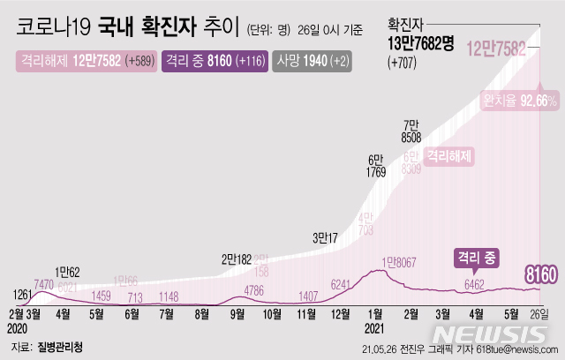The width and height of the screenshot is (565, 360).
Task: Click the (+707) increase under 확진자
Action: point(404,63)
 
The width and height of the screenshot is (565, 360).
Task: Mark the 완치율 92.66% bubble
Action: point(520,101)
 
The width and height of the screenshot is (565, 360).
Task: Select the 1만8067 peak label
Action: point(402,261)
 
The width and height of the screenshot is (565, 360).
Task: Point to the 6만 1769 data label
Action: point(375,166)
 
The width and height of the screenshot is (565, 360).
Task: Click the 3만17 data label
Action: point(328,236)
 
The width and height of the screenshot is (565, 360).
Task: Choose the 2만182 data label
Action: point(237,259)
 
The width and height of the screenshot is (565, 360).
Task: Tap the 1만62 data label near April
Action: point(67,271)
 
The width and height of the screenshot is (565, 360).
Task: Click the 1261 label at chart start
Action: point(23,294)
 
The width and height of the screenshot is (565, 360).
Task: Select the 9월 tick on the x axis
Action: point(237,311)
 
